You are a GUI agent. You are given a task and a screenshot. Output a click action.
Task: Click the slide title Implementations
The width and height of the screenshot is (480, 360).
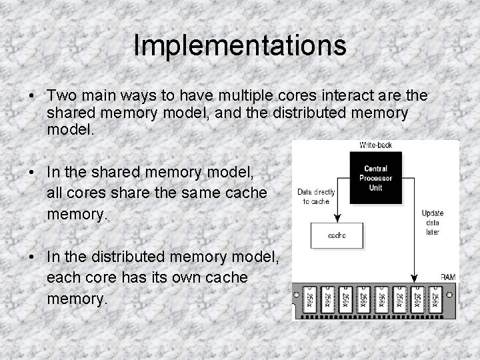coord(240,45)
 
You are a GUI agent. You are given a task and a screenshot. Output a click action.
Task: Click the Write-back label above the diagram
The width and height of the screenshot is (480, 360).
coord(376,145)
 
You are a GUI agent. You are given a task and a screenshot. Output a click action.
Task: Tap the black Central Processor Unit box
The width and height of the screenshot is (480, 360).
coord(376,178)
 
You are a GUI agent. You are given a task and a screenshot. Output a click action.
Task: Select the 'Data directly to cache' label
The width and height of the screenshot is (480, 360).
coord(317,197)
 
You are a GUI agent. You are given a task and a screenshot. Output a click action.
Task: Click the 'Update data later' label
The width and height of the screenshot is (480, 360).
coord(432,222)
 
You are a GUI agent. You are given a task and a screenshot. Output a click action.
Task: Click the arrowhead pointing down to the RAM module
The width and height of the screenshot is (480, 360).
coord(415,279)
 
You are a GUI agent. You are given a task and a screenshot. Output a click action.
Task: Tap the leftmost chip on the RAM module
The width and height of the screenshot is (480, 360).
coord(308,298)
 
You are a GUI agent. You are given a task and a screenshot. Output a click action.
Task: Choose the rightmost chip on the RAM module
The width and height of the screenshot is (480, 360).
coord(435,298)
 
